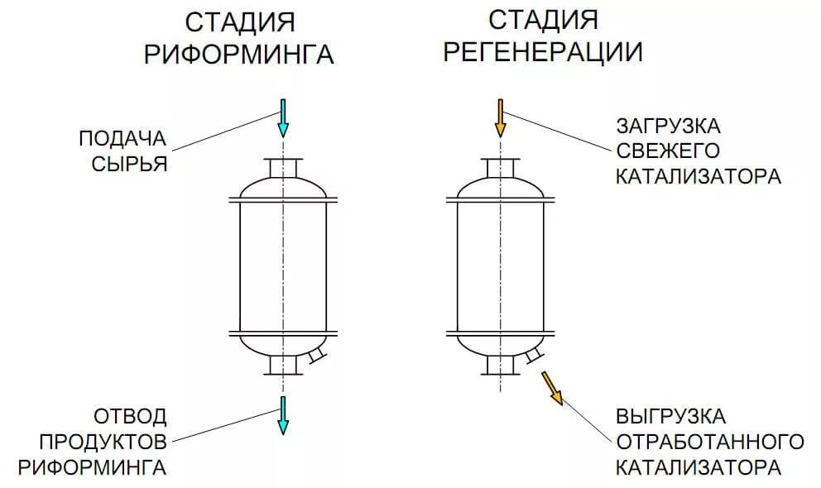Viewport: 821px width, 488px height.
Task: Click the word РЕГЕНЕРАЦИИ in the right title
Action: click(543, 52)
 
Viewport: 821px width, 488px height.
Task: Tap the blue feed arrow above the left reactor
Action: click(283, 117)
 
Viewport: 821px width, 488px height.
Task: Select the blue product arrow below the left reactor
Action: click(283, 414)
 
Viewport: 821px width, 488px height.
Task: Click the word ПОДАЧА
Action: click(123, 137)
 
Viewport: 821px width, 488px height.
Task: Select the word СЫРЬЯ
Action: click(130, 163)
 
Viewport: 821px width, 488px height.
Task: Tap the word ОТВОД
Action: click(129, 415)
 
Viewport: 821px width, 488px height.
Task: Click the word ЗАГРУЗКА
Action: click(668, 127)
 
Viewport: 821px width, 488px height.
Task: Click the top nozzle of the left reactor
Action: click(283, 167)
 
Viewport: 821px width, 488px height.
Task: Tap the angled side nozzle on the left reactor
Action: click(315, 356)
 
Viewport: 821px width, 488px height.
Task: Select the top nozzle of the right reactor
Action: click(501, 168)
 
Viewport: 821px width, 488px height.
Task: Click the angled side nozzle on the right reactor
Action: click(534, 356)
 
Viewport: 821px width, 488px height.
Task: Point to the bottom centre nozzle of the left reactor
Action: click(283, 364)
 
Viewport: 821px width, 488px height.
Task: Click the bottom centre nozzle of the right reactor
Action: click(501, 364)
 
